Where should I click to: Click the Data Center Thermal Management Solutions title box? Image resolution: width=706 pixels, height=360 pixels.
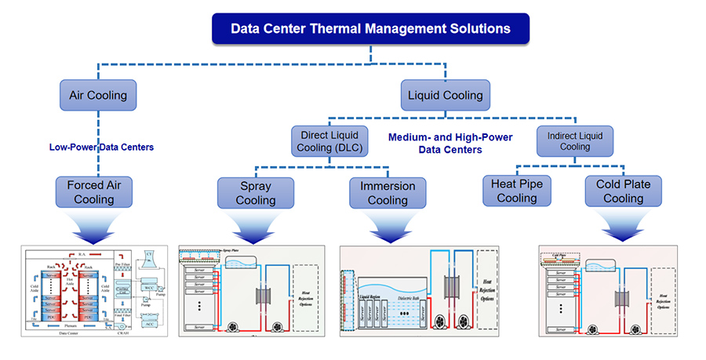coord(370,29)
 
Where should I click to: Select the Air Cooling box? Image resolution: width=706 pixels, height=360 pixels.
coord(98,96)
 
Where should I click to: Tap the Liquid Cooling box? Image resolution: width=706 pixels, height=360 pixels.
coord(445,96)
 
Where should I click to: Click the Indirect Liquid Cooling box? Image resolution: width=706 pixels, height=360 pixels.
coord(575,140)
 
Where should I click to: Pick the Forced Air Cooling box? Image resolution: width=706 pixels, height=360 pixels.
coord(98,192)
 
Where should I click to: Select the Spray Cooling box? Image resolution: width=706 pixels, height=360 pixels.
coord(256,193)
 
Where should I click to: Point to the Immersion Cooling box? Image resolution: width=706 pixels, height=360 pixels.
coord(388,193)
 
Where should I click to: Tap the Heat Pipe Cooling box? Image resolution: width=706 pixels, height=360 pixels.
coord(516,191)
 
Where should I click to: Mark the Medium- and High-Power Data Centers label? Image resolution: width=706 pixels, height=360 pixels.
coord(450,143)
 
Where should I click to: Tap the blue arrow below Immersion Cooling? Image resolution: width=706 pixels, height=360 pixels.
coord(388,227)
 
